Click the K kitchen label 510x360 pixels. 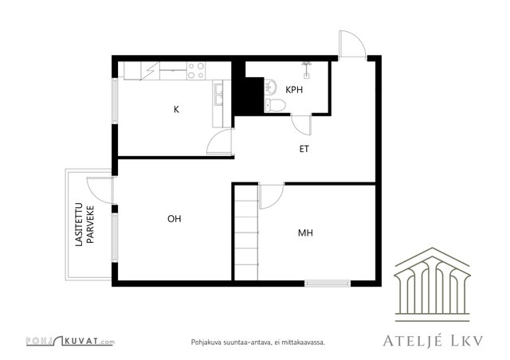176,110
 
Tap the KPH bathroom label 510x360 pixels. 294,90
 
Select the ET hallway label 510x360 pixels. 304,149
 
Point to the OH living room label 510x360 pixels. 175,219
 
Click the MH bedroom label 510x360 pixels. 305,233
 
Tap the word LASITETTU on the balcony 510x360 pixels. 79,225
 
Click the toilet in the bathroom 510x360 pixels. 275,104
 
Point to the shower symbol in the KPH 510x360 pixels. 306,69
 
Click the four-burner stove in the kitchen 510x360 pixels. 196,71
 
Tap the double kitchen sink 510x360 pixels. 218,94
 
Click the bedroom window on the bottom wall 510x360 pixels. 328,284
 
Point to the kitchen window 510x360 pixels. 115,100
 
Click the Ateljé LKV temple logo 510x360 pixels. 432,284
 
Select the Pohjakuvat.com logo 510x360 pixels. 70,341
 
